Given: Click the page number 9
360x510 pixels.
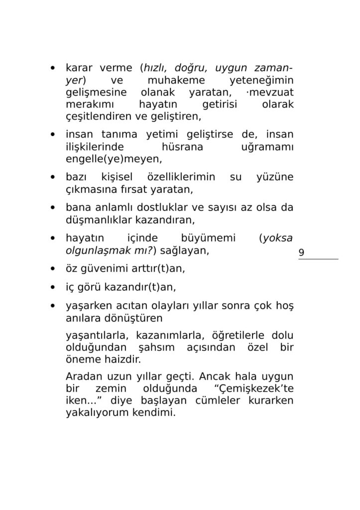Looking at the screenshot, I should [301, 253].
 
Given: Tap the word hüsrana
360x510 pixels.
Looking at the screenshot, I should [183, 147].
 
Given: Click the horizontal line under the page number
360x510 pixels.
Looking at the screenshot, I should [318, 259].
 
